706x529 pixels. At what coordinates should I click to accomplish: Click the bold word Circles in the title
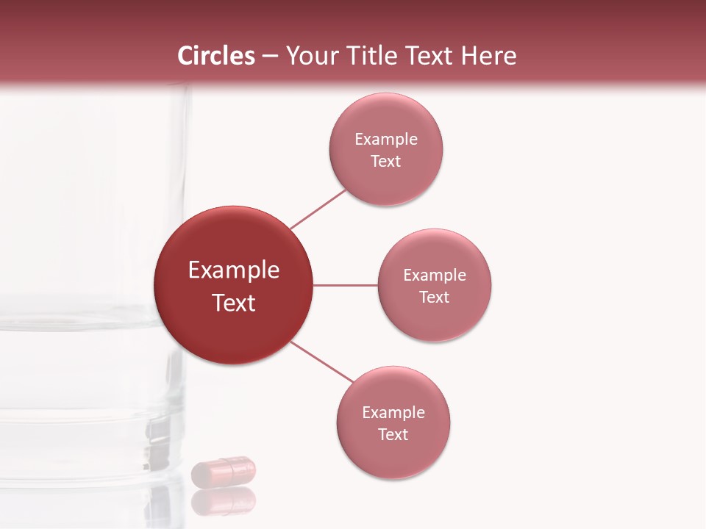pyautogui.click(x=216, y=56)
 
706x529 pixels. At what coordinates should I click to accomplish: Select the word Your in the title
pyautogui.click(x=312, y=56)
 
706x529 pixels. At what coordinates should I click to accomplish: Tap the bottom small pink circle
pyautogui.click(x=393, y=456)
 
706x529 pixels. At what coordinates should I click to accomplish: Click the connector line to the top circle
pyautogui.click(x=318, y=209)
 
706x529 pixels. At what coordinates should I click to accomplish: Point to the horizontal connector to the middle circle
pyautogui.click(x=345, y=285)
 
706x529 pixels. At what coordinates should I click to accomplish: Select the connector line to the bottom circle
pyautogui.click(x=322, y=361)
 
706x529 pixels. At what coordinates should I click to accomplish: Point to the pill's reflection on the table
pyautogui.click(x=224, y=502)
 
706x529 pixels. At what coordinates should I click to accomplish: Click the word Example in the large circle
pyautogui.click(x=234, y=270)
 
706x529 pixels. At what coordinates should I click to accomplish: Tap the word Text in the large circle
pyautogui.click(x=234, y=303)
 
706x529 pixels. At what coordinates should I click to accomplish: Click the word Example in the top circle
pyautogui.click(x=386, y=140)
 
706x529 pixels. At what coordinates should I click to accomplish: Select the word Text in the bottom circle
pyautogui.click(x=393, y=435)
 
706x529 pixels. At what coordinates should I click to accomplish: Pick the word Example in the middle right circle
pyautogui.click(x=435, y=276)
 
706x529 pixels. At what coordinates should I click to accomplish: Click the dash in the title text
pyautogui.click(x=270, y=56)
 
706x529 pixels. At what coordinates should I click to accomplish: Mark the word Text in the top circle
pyautogui.click(x=386, y=162)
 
